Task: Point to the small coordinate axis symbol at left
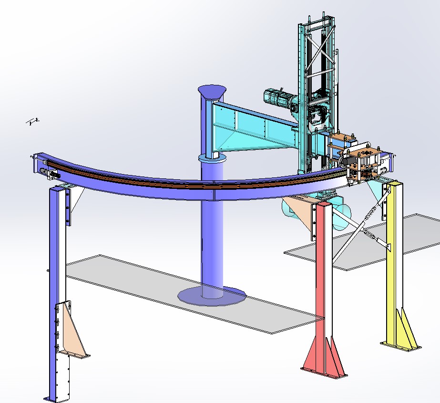click(33, 122)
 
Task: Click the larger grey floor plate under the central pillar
click(143, 286)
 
